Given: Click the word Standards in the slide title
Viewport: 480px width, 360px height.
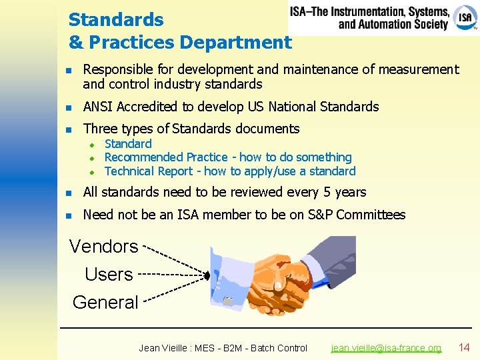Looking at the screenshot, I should click(116, 19).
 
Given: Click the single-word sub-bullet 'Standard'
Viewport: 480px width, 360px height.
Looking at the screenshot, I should click(128, 144).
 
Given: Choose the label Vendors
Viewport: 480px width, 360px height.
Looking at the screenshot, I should click(103, 247).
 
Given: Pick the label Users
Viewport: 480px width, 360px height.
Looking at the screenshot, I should click(109, 274).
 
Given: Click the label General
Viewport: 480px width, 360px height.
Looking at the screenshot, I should click(105, 302).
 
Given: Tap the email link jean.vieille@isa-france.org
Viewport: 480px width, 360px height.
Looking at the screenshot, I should click(386, 348).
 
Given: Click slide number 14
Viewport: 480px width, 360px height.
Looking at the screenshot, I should click(464, 347).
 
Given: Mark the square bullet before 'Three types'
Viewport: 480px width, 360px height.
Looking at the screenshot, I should click(67, 129).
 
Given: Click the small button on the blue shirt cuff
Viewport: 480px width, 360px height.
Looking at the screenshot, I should click(228, 302).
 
